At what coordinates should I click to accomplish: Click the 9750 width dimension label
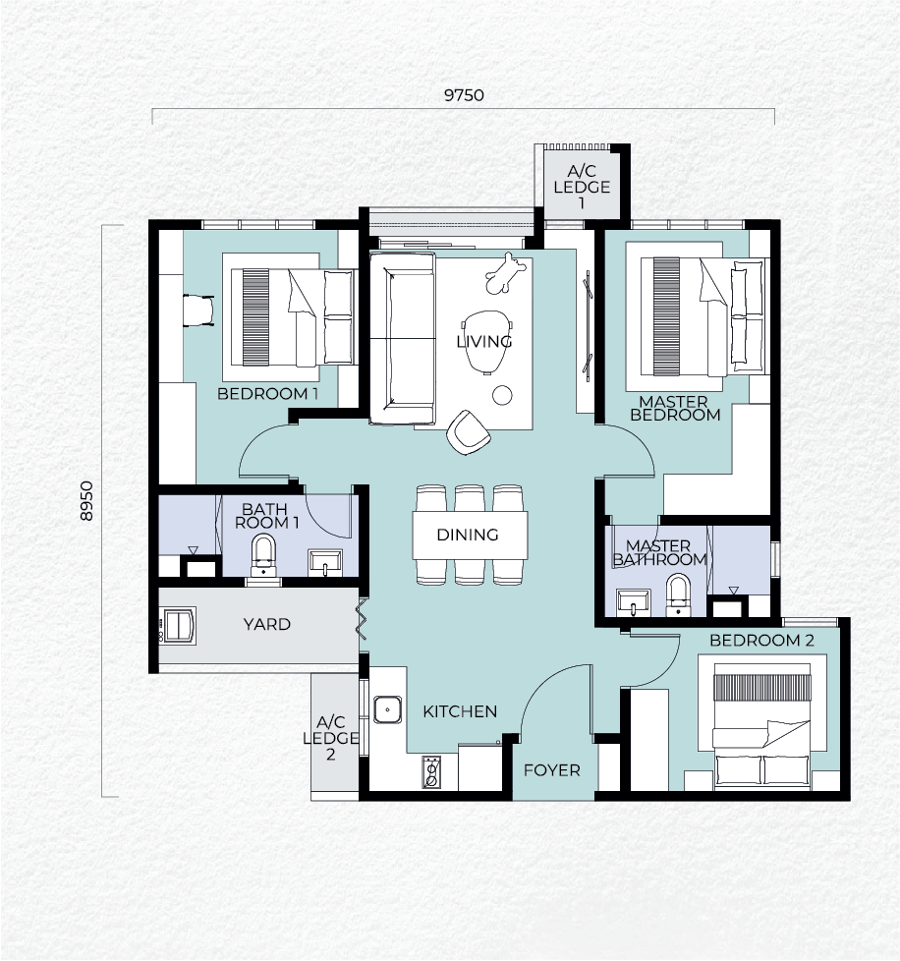click(x=464, y=95)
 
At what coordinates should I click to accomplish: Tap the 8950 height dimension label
click(x=86, y=501)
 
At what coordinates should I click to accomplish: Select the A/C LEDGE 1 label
click(x=582, y=187)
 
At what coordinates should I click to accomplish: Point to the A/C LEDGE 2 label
click(x=331, y=738)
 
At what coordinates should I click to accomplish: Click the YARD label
click(x=266, y=624)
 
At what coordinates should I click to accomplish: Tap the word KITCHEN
click(x=460, y=711)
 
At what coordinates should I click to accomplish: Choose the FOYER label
click(x=551, y=769)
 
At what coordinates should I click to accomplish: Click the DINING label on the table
click(x=468, y=535)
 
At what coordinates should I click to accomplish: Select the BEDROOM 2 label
click(x=761, y=641)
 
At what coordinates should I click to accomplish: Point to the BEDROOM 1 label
click(x=267, y=393)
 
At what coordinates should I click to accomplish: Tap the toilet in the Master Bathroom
click(x=678, y=594)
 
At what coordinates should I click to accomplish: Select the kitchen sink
click(x=388, y=709)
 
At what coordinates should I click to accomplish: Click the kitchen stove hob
click(x=431, y=772)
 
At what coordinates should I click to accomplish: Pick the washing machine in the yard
click(x=178, y=625)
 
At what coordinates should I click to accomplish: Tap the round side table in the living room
click(x=502, y=395)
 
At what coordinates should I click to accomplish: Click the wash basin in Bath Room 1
click(x=324, y=562)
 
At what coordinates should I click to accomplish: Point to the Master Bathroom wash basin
click(x=634, y=601)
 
